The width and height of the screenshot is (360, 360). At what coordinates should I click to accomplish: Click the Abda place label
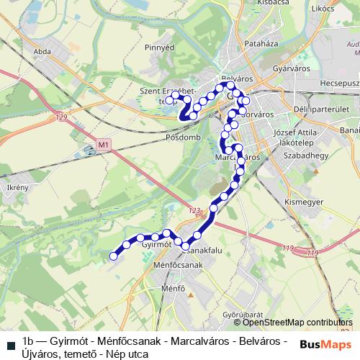click(42, 52)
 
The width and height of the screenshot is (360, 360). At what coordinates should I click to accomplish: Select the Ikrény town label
click(17, 188)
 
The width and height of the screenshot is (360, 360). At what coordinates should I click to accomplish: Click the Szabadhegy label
click(306, 156)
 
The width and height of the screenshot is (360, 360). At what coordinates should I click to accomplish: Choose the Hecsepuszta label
click(339, 84)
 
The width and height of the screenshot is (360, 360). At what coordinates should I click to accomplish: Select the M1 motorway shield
click(104, 145)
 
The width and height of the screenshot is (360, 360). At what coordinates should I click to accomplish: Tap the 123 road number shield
click(193, 211)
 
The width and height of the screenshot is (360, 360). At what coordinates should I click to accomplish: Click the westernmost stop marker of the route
click(113, 255)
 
